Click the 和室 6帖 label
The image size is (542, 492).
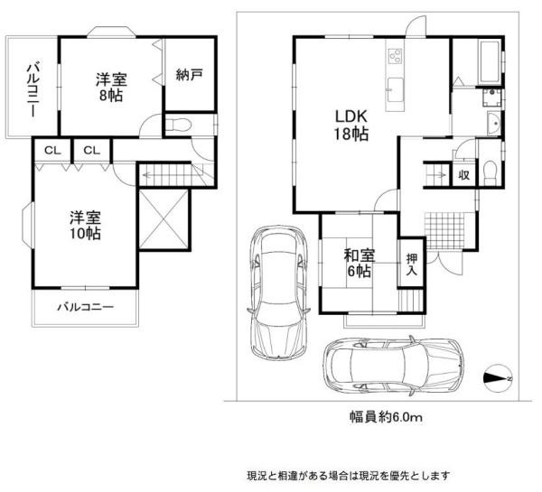(x=359, y=262)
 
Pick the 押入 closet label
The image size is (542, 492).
(x=411, y=263)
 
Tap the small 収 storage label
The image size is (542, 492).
(x=462, y=175)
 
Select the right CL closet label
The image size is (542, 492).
(x=91, y=150)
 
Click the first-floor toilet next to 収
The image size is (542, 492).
(x=488, y=172)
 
